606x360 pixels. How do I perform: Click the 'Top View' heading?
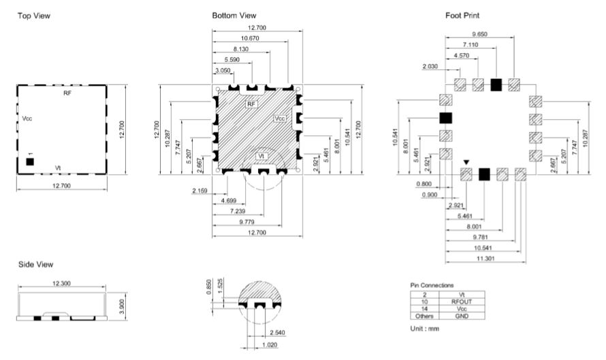(x=34, y=16)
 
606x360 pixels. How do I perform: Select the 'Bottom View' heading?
(x=234, y=16)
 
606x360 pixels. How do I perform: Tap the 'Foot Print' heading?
(x=462, y=16)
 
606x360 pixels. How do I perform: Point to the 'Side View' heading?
(x=36, y=265)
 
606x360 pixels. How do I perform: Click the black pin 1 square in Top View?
(x=30, y=161)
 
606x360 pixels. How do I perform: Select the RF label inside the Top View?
(x=67, y=93)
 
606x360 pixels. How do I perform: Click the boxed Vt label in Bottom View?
(x=261, y=156)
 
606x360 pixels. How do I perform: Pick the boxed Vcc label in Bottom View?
(x=280, y=118)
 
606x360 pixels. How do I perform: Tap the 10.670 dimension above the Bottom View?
(x=250, y=38)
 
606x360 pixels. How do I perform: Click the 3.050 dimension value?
(x=223, y=70)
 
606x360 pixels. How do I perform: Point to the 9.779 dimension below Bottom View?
(x=247, y=222)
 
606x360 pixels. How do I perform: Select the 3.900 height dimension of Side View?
(x=122, y=306)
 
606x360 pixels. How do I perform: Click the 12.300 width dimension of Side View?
(x=61, y=284)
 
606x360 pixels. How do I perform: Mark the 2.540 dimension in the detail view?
(x=278, y=333)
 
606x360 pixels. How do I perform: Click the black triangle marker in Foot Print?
(x=466, y=162)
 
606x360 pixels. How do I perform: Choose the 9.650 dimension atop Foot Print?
(x=479, y=34)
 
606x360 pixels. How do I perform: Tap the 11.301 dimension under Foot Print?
(x=485, y=259)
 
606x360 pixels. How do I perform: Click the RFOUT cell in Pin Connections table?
(x=462, y=301)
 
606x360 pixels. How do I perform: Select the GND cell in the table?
(x=462, y=316)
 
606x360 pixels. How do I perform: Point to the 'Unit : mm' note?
(x=425, y=329)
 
